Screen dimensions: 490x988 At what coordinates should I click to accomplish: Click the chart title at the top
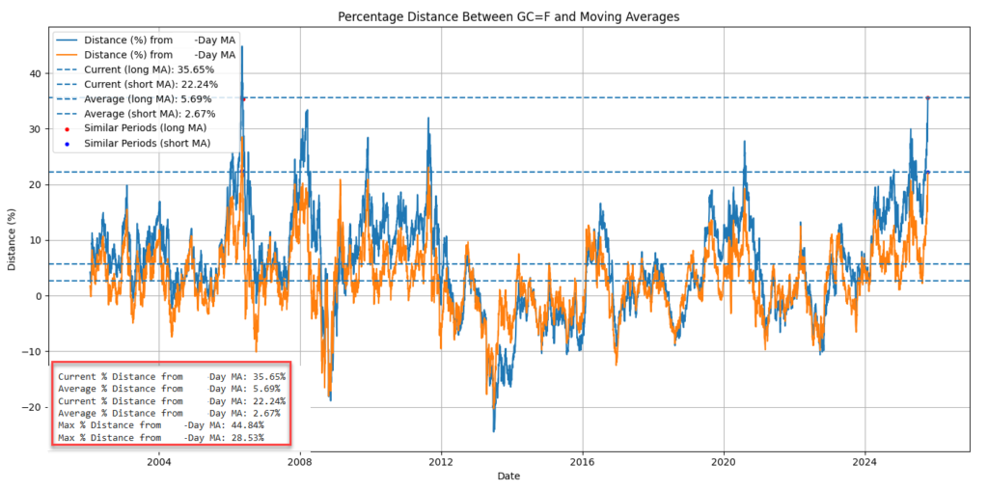point(509,16)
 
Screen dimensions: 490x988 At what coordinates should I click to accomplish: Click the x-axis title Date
point(508,476)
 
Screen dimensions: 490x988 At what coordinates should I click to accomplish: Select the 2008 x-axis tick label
point(299,460)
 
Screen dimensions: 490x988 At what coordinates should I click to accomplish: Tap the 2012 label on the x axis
point(441,460)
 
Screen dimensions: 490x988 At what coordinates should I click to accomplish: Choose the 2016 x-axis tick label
point(582,460)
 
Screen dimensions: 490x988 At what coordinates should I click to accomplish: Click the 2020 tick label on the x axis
point(724,460)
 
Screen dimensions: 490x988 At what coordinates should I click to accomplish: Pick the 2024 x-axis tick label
point(864,460)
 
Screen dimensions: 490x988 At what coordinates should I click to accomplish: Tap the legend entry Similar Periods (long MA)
point(145,128)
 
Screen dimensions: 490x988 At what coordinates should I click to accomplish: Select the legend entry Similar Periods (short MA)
point(147,144)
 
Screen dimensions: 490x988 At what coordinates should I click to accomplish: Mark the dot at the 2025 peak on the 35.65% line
point(927,97)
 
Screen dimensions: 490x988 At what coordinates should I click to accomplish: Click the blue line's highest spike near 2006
point(241,47)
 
